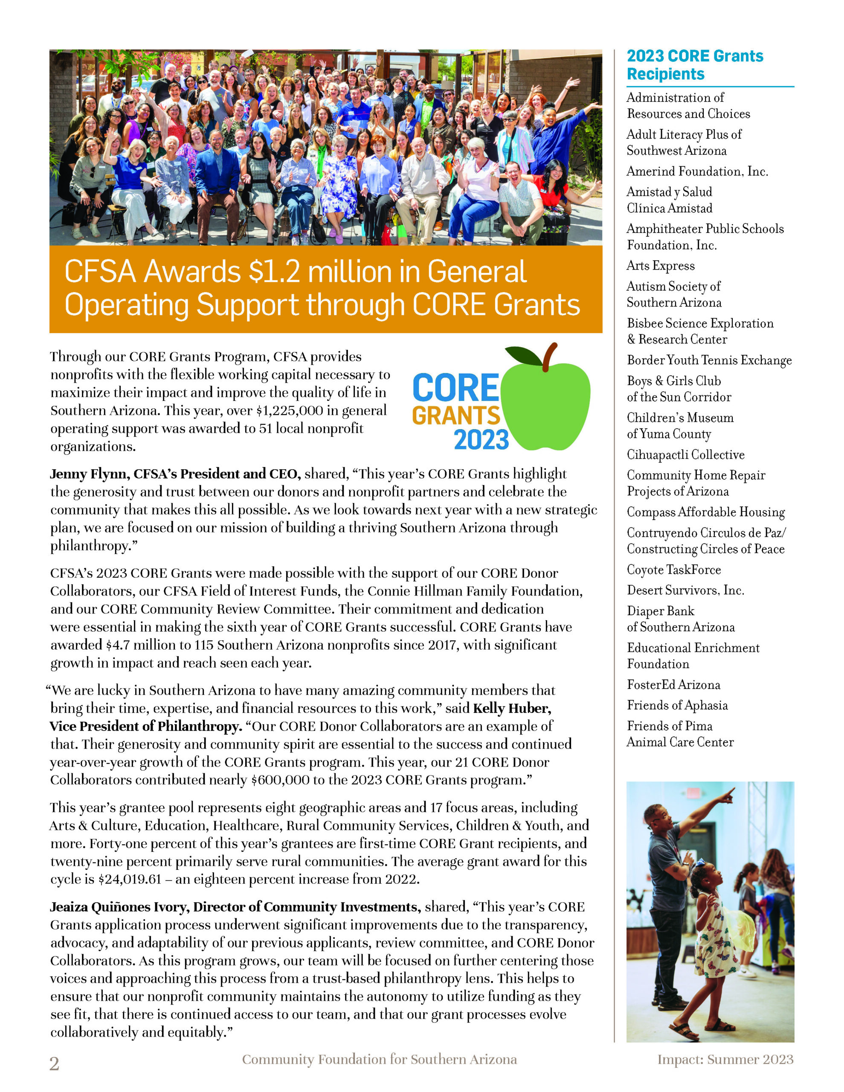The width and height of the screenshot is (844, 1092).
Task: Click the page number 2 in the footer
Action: pyautogui.click(x=54, y=1064)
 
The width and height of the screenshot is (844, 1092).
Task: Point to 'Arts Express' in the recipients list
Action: pyautogui.click(x=661, y=265)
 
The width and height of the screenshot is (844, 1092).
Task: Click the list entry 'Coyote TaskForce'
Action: pyautogui.click(x=673, y=569)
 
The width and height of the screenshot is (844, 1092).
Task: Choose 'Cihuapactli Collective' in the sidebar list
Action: pyautogui.click(x=685, y=454)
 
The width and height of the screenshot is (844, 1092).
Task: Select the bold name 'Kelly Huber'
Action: pyautogui.click(x=512, y=708)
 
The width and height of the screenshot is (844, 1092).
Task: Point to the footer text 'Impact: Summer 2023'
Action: pyautogui.click(x=725, y=1060)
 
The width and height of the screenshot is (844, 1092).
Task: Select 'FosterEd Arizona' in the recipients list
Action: pyautogui.click(x=673, y=685)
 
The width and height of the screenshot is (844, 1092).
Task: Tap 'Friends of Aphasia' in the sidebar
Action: pyautogui.click(x=677, y=705)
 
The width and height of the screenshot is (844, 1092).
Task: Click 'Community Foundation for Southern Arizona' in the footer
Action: pyautogui.click(x=379, y=1060)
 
